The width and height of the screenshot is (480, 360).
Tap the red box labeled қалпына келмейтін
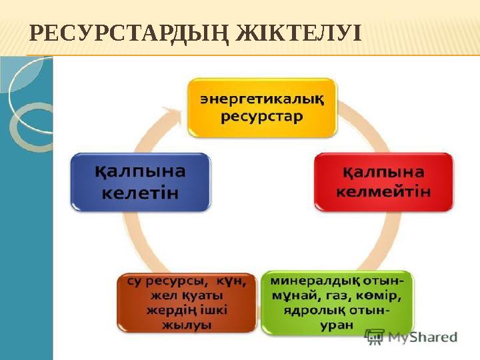point(383,182)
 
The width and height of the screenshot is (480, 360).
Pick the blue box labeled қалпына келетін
point(140,182)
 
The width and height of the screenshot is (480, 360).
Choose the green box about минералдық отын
point(337,302)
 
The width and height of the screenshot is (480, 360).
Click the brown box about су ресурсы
point(187,302)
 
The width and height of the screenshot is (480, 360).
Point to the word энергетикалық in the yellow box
point(262,99)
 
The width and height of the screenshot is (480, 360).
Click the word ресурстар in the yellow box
point(262,117)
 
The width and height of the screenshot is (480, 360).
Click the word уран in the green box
point(337,325)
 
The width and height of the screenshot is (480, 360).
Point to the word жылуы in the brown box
point(187,325)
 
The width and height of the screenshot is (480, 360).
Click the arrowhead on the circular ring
point(175,114)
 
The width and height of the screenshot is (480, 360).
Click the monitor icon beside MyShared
point(375,337)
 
